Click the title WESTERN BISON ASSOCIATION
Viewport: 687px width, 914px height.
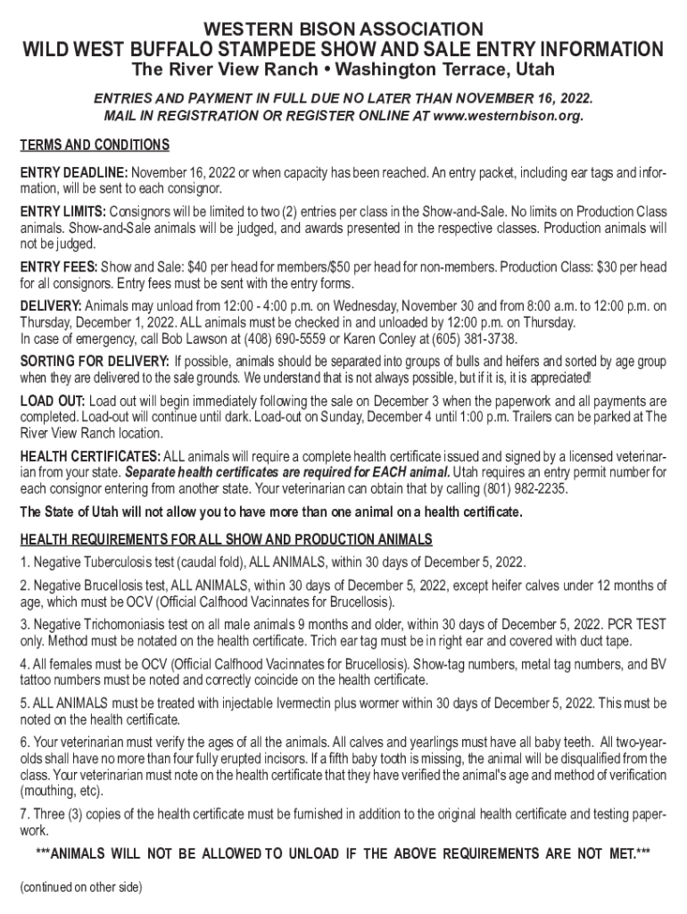343,29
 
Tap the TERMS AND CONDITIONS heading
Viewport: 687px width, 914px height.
94,145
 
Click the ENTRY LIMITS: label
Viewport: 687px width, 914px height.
62,211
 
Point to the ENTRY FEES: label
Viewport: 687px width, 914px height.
59,268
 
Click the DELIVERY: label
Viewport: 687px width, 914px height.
52,306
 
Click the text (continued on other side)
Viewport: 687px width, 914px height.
79,887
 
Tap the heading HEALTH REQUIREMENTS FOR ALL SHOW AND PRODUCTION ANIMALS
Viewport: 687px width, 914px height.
226,539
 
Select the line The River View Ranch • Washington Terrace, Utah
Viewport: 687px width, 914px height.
343,70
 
